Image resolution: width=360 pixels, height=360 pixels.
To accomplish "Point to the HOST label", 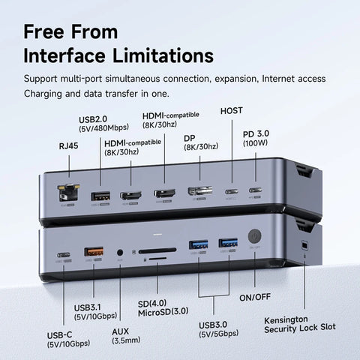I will pos(232,110).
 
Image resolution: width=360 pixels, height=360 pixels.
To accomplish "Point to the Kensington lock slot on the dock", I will pos(303,247).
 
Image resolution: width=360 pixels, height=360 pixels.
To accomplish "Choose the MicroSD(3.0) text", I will pos(164,311).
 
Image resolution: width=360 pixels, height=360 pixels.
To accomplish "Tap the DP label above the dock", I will pos(190,138).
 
